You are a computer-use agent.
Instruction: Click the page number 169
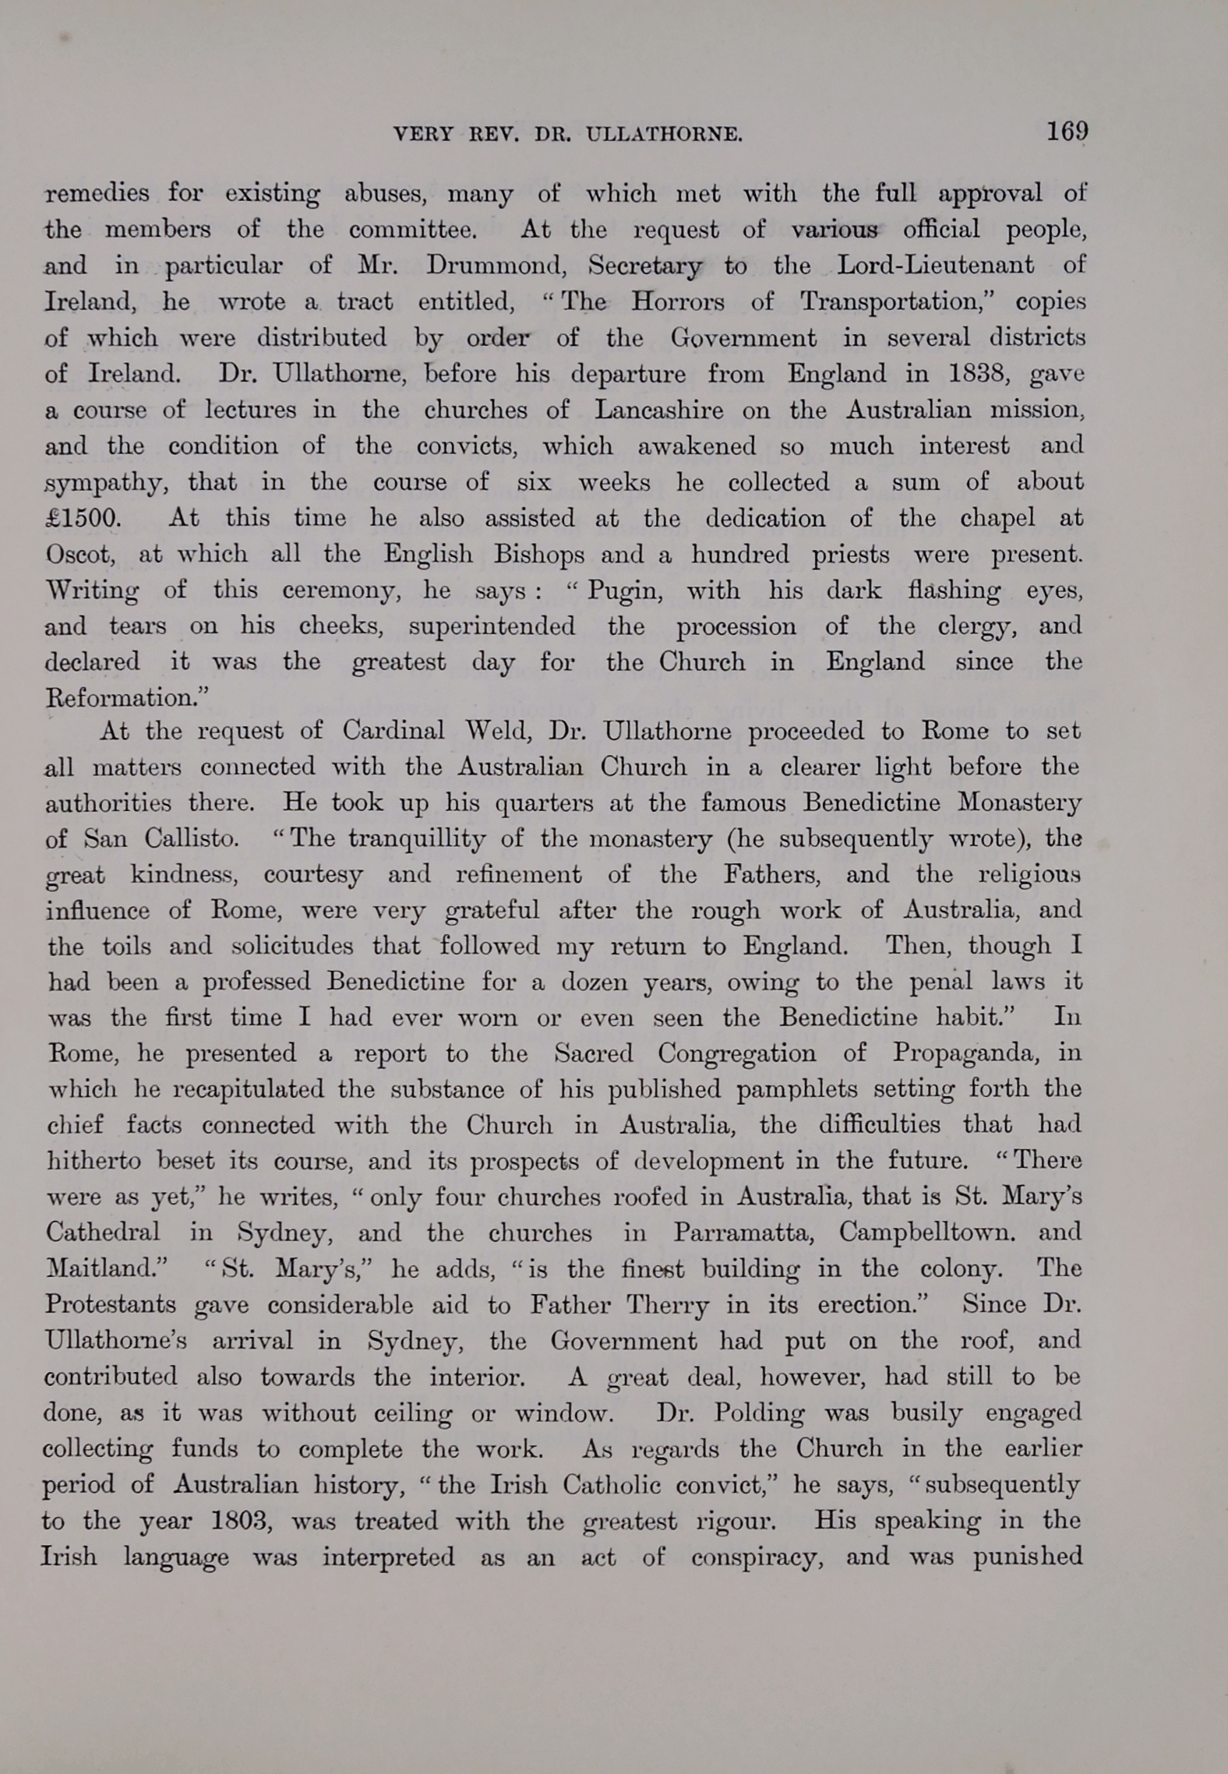click(1067, 131)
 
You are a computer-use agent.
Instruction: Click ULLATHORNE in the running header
click(663, 135)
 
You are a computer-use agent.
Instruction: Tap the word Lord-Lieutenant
click(935, 266)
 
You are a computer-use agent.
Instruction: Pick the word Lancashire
click(658, 411)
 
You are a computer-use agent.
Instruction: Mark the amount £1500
click(82, 519)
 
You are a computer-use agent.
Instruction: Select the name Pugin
click(624, 591)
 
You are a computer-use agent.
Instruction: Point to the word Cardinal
click(393, 731)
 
